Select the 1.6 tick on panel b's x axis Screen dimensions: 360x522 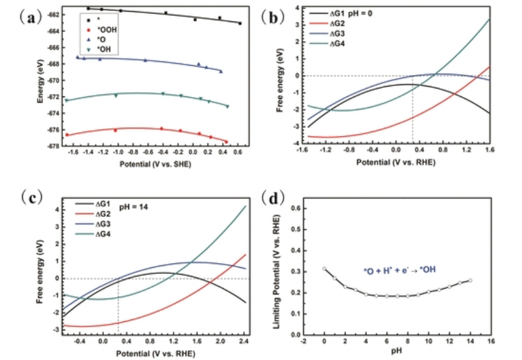click(489, 150)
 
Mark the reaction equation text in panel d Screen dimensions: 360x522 click(400, 270)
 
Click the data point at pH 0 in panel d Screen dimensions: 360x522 click(324, 268)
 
